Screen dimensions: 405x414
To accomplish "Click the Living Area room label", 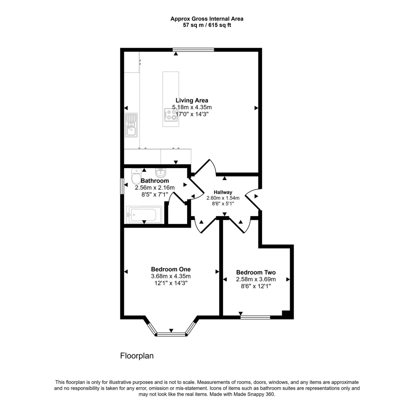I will click(192, 100).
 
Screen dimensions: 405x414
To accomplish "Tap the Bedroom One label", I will click(171, 269).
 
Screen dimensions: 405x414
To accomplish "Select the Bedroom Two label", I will click(256, 272).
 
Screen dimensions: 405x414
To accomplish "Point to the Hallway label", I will click(223, 192).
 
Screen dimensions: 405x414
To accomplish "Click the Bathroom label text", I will click(154, 181).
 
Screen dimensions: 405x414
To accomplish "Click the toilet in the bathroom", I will click(135, 176).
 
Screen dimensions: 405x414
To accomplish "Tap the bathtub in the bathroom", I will click(144, 214).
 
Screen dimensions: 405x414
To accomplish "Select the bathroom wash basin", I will click(161, 173).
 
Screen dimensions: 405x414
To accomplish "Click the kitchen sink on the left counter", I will click(131, 124).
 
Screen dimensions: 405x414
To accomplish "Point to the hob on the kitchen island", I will click(170, 115).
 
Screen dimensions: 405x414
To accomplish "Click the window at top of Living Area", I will click(193, 50).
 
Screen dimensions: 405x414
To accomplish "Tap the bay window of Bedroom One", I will click(171, 334).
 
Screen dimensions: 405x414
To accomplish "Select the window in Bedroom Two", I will click(256, 317).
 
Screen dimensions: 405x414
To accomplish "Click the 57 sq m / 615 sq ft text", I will click(207, 25).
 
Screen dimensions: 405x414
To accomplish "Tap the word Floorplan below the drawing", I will click(137, 356).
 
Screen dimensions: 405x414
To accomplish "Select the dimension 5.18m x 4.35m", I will click(192, 107).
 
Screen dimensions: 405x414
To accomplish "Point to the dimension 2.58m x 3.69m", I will click(256, 279).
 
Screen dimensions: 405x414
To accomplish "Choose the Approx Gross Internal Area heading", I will click(207, 19).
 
